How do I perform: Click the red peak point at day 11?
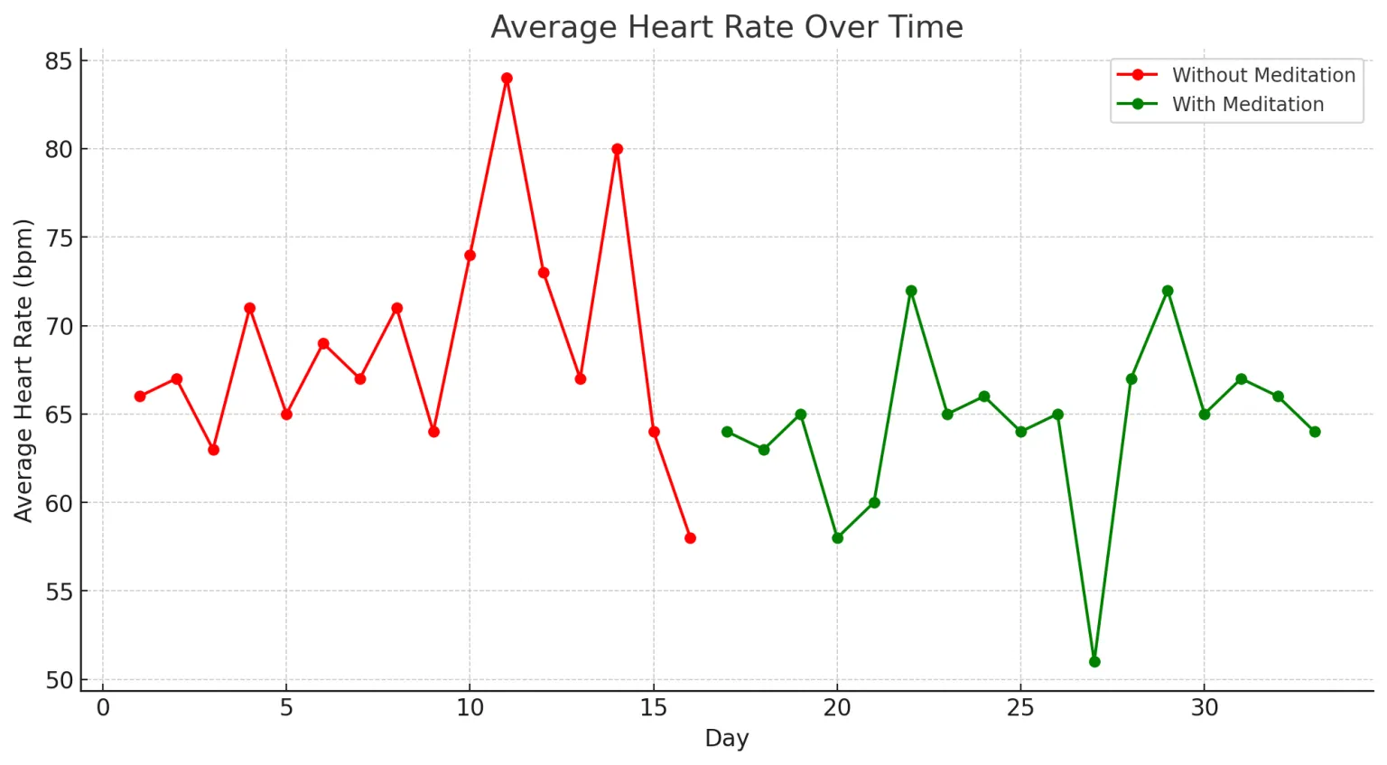coord(507,79)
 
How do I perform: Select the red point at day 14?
coord(617,149)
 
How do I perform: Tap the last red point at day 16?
coord(690,538)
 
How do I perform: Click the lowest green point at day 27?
coord(1094,662)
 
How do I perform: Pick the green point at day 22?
coord(911,291)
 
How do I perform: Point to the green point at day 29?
coord(1168,291)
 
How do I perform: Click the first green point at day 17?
coord(727,432)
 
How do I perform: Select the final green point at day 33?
coord(1315,432)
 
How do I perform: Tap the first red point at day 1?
coord(140,396)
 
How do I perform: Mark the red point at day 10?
coord(470,256)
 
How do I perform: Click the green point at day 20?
coord(837,538)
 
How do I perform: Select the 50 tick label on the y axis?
coord(59,680)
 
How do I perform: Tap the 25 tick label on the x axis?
coord(1020,708)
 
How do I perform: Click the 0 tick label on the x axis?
coord(103,708)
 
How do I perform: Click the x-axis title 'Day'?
coord(727,739)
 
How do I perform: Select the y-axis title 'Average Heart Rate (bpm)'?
coord(23,370)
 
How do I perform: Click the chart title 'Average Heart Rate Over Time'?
coord(727,27)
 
